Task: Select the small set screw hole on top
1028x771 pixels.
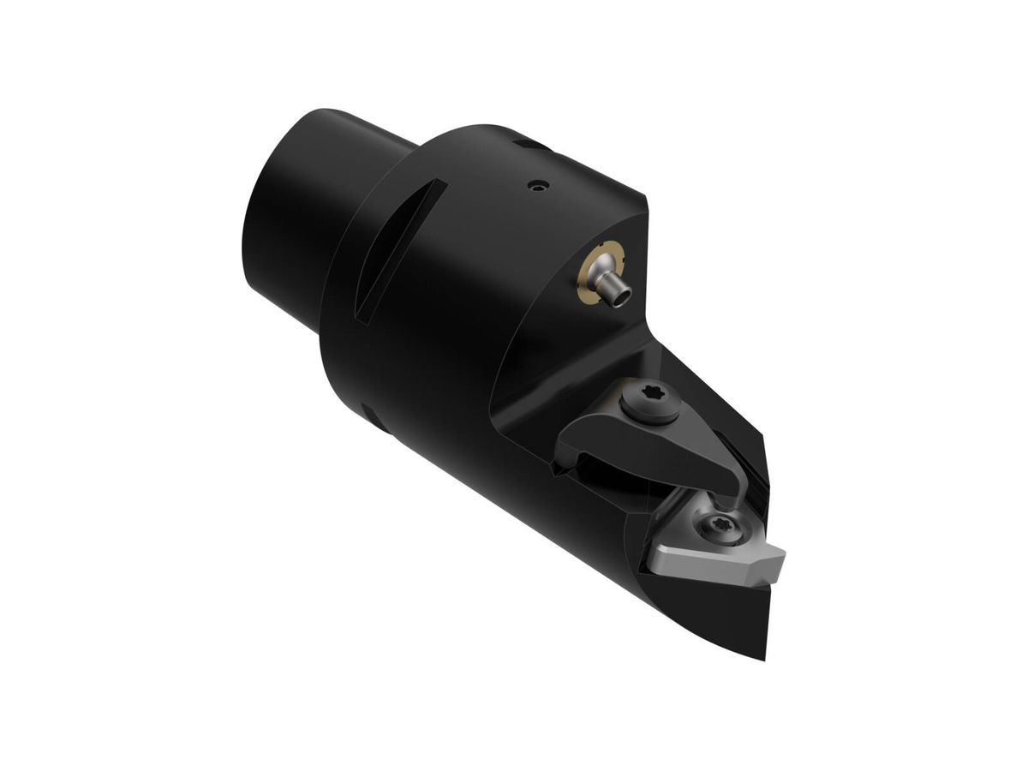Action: pos(536,184)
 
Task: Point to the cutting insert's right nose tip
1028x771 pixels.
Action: pos(781,557)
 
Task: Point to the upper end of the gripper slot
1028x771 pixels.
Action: pos(437,185)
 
